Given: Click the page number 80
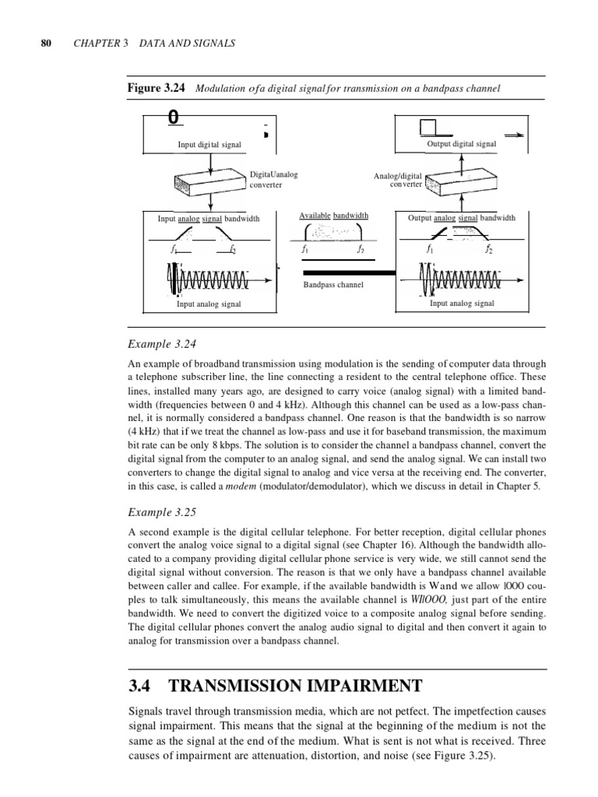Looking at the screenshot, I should pos(45,44).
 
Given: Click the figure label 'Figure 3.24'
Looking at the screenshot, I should pos(155,88).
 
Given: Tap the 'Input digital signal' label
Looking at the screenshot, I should pos(209,145).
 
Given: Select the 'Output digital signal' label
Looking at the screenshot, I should pos(462,144).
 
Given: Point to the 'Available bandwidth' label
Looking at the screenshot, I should pos(334,216).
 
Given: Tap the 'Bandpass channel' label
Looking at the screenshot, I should pos(333,285).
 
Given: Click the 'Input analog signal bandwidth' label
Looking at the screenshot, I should pos(209,219).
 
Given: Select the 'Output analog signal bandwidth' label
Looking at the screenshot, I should pos(462,218).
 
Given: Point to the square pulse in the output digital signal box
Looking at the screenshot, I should pos(430,127).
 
